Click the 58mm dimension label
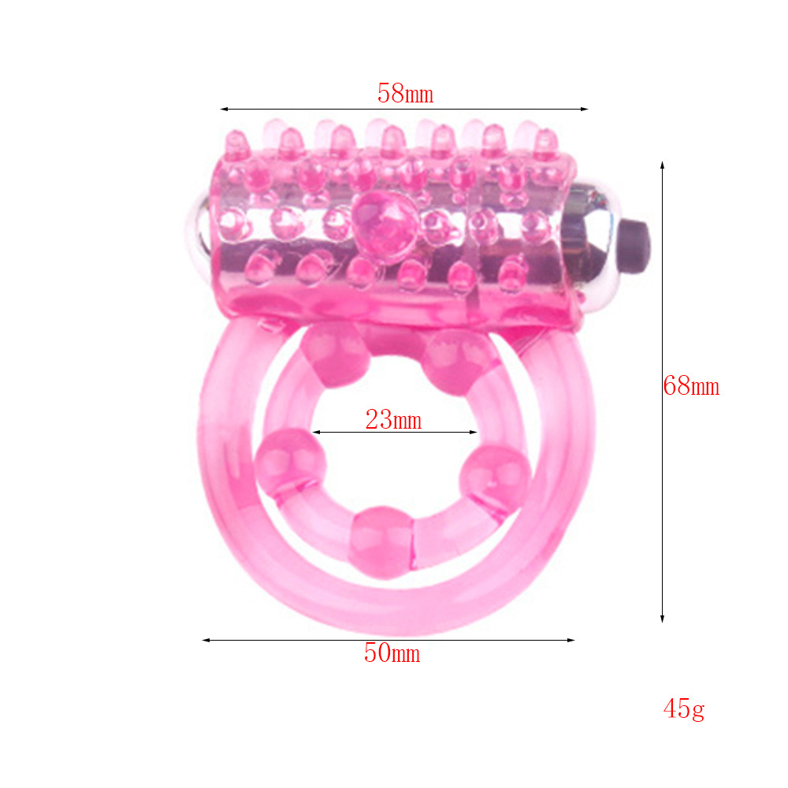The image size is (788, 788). coord(405,94)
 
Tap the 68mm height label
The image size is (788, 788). coord(691,386)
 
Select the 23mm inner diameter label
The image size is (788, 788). coord(393,420)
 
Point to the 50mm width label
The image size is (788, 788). coord(392,652)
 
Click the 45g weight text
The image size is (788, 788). coord(684,710)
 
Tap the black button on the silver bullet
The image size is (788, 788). coord(636,245)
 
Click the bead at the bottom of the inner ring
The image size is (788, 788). coord(382,542)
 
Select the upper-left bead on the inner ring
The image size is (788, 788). coord(335,355)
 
